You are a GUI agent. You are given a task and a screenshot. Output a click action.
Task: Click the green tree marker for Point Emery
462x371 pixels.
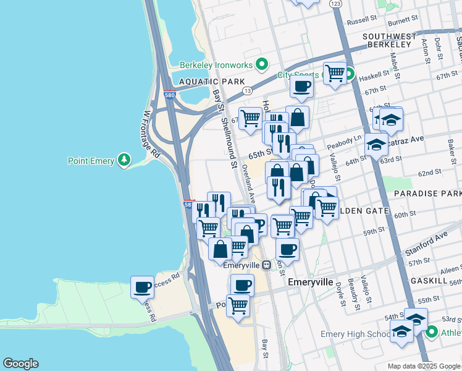[x=125, y=161]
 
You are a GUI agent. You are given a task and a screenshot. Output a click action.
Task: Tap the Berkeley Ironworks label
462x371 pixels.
[x=217, y=65]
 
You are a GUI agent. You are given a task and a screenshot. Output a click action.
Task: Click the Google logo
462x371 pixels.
[x=20, y=364]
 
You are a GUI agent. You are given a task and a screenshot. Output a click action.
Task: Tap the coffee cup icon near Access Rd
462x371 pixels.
[x=142, y=288]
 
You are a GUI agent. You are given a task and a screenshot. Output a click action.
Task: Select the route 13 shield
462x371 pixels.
[x=247, y=90]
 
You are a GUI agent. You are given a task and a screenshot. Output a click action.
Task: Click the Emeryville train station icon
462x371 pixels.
[x=266, y=265]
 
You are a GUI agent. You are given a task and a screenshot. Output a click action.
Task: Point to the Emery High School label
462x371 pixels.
[x=355, y=335]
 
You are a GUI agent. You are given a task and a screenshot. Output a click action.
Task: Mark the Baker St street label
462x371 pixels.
[x=450, y=149]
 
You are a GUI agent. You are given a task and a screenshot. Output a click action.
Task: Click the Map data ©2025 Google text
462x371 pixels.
[x=424, y=366]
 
